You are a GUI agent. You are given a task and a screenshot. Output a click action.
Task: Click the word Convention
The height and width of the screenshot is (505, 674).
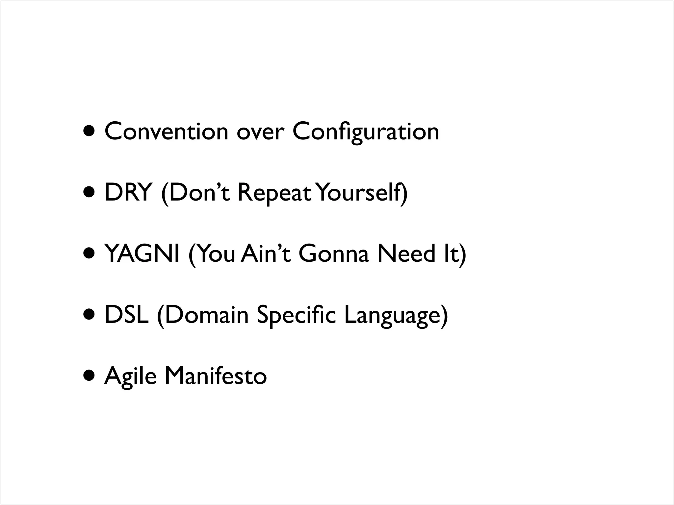tap(166, 131)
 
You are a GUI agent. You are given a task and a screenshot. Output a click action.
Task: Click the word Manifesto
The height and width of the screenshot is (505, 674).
tap(216, 375)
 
